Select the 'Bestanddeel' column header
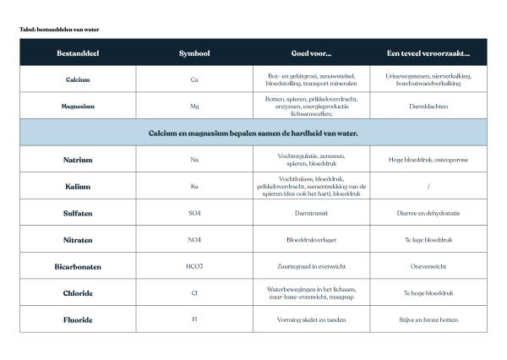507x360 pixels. pos(78,53)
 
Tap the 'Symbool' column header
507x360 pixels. pos(194,53)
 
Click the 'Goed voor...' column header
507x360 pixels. pos(312,53)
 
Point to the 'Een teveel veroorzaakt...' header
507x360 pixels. pos(428,53)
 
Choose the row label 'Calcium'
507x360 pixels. pos(78,80)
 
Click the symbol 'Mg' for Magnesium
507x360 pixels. pos(194,106)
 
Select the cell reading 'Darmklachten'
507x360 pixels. pos(428,106)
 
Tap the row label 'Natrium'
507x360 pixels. pos(78,160)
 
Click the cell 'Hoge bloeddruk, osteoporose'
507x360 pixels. pos(428,160)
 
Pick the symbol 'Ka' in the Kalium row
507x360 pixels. pos(194,186)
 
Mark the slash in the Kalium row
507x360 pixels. pos(428,186)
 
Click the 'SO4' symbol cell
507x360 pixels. pos(194,213)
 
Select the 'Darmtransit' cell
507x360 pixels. pos(312,213)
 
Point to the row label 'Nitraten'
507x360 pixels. pos(78,240)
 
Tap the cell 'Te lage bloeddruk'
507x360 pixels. pos(428,240)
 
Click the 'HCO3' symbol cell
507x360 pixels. pos(194,266)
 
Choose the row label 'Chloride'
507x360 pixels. pos(78,293)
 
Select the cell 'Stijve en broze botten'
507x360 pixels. pos(428,320)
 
